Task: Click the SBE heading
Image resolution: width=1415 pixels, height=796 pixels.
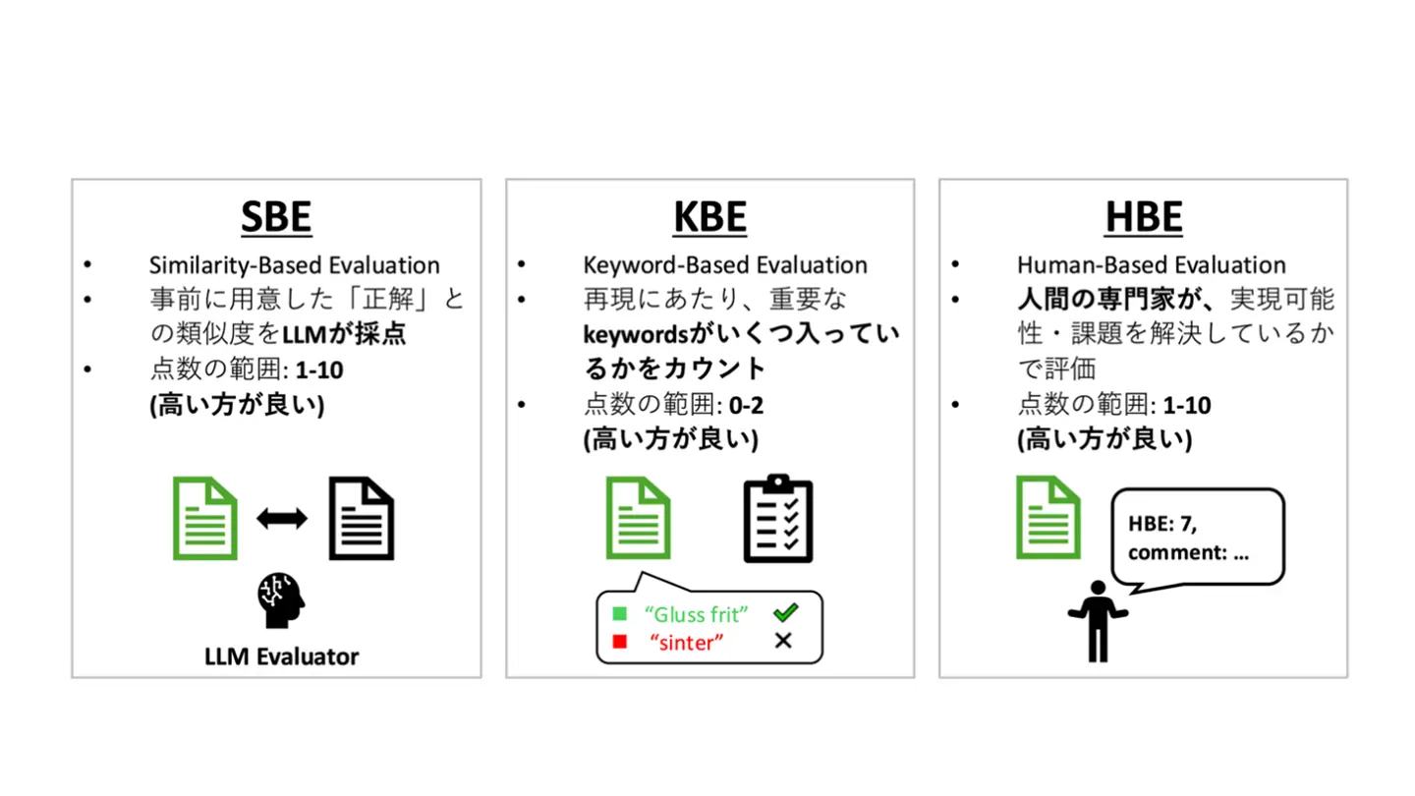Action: pos(276,216)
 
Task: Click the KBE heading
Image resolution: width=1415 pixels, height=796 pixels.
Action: pos(709,216)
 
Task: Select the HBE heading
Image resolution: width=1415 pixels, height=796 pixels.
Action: pos(1144,216)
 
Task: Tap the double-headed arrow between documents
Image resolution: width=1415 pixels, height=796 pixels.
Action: pos(282,519)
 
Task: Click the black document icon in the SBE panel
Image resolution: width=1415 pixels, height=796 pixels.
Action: pos(362,519)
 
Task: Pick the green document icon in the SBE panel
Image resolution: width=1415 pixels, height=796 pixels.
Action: pos(205,519)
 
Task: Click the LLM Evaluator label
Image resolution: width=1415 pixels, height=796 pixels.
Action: pos(282,656)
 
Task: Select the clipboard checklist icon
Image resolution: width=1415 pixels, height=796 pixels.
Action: pos(778,519)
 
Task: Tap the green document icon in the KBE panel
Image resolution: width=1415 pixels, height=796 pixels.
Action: pos(638,518)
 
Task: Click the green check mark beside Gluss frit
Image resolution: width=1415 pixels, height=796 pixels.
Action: pos(786,612)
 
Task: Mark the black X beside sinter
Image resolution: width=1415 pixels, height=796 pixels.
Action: pos(783,641)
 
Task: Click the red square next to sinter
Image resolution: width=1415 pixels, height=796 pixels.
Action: pos(620,642)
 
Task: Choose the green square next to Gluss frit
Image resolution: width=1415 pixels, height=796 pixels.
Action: pos(620,613)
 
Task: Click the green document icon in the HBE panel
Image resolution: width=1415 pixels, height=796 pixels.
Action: pos(1047,518)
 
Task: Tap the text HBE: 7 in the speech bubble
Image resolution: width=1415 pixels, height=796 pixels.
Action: pos(1162,524)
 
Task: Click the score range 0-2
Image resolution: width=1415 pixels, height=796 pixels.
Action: pos(746,405)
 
